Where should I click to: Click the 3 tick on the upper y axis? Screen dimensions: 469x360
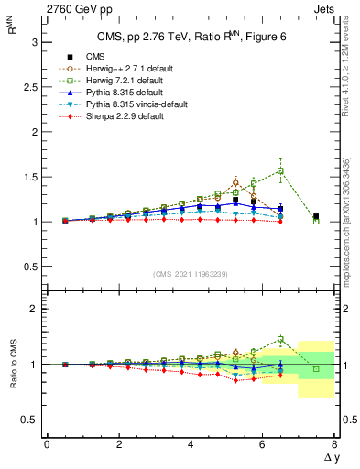(x=35, y=42)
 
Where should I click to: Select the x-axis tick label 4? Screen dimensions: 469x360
(x=191, y=445)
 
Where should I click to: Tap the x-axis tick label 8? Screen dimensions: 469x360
(x=333, y=445)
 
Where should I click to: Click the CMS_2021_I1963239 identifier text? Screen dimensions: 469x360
(x=191, y=274)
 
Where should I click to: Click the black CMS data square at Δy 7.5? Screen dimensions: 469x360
(x=316, y=217)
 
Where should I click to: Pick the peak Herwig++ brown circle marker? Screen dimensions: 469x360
(x=236, y=182)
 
